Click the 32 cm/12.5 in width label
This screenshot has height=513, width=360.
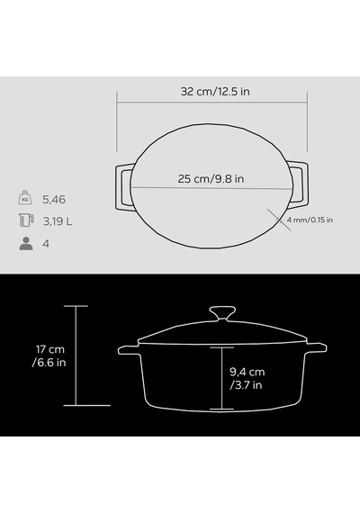215,92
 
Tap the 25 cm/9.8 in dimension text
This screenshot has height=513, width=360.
211,179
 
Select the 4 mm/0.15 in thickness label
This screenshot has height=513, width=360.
310,220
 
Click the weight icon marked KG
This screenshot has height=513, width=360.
25,197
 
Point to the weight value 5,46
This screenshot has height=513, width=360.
54,200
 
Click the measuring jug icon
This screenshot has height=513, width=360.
26,220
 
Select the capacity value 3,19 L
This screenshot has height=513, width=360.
58,221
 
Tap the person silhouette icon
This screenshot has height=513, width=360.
26,243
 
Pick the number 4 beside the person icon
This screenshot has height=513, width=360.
46,244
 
